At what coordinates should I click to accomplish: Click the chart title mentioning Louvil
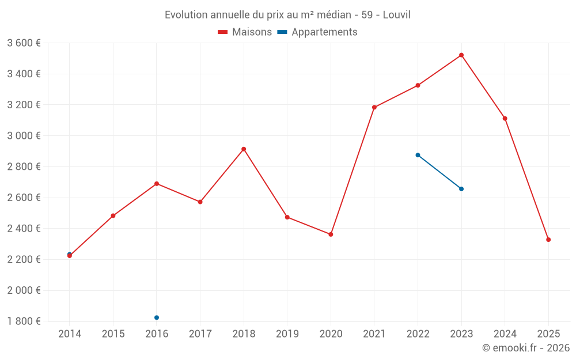287,14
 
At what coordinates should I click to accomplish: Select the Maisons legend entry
245,32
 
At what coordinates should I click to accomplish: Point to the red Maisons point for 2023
461,55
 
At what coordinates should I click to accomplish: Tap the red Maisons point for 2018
244,149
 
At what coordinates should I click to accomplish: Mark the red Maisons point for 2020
331,234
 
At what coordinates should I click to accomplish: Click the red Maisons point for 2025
548,240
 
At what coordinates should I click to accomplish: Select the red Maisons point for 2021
374,107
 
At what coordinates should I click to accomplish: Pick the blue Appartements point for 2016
157,317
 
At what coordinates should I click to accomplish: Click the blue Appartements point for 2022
418,155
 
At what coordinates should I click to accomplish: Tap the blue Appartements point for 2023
461,189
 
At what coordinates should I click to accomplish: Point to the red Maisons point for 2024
505,119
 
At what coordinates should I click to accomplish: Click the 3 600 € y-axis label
24,43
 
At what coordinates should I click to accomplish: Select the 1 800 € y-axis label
24,321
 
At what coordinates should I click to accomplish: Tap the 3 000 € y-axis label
24,136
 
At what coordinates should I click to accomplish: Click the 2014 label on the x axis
70,334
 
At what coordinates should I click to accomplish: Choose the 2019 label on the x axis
287,334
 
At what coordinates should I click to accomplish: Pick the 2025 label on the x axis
548,334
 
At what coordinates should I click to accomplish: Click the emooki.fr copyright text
525,348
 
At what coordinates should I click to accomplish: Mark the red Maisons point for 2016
157,184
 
